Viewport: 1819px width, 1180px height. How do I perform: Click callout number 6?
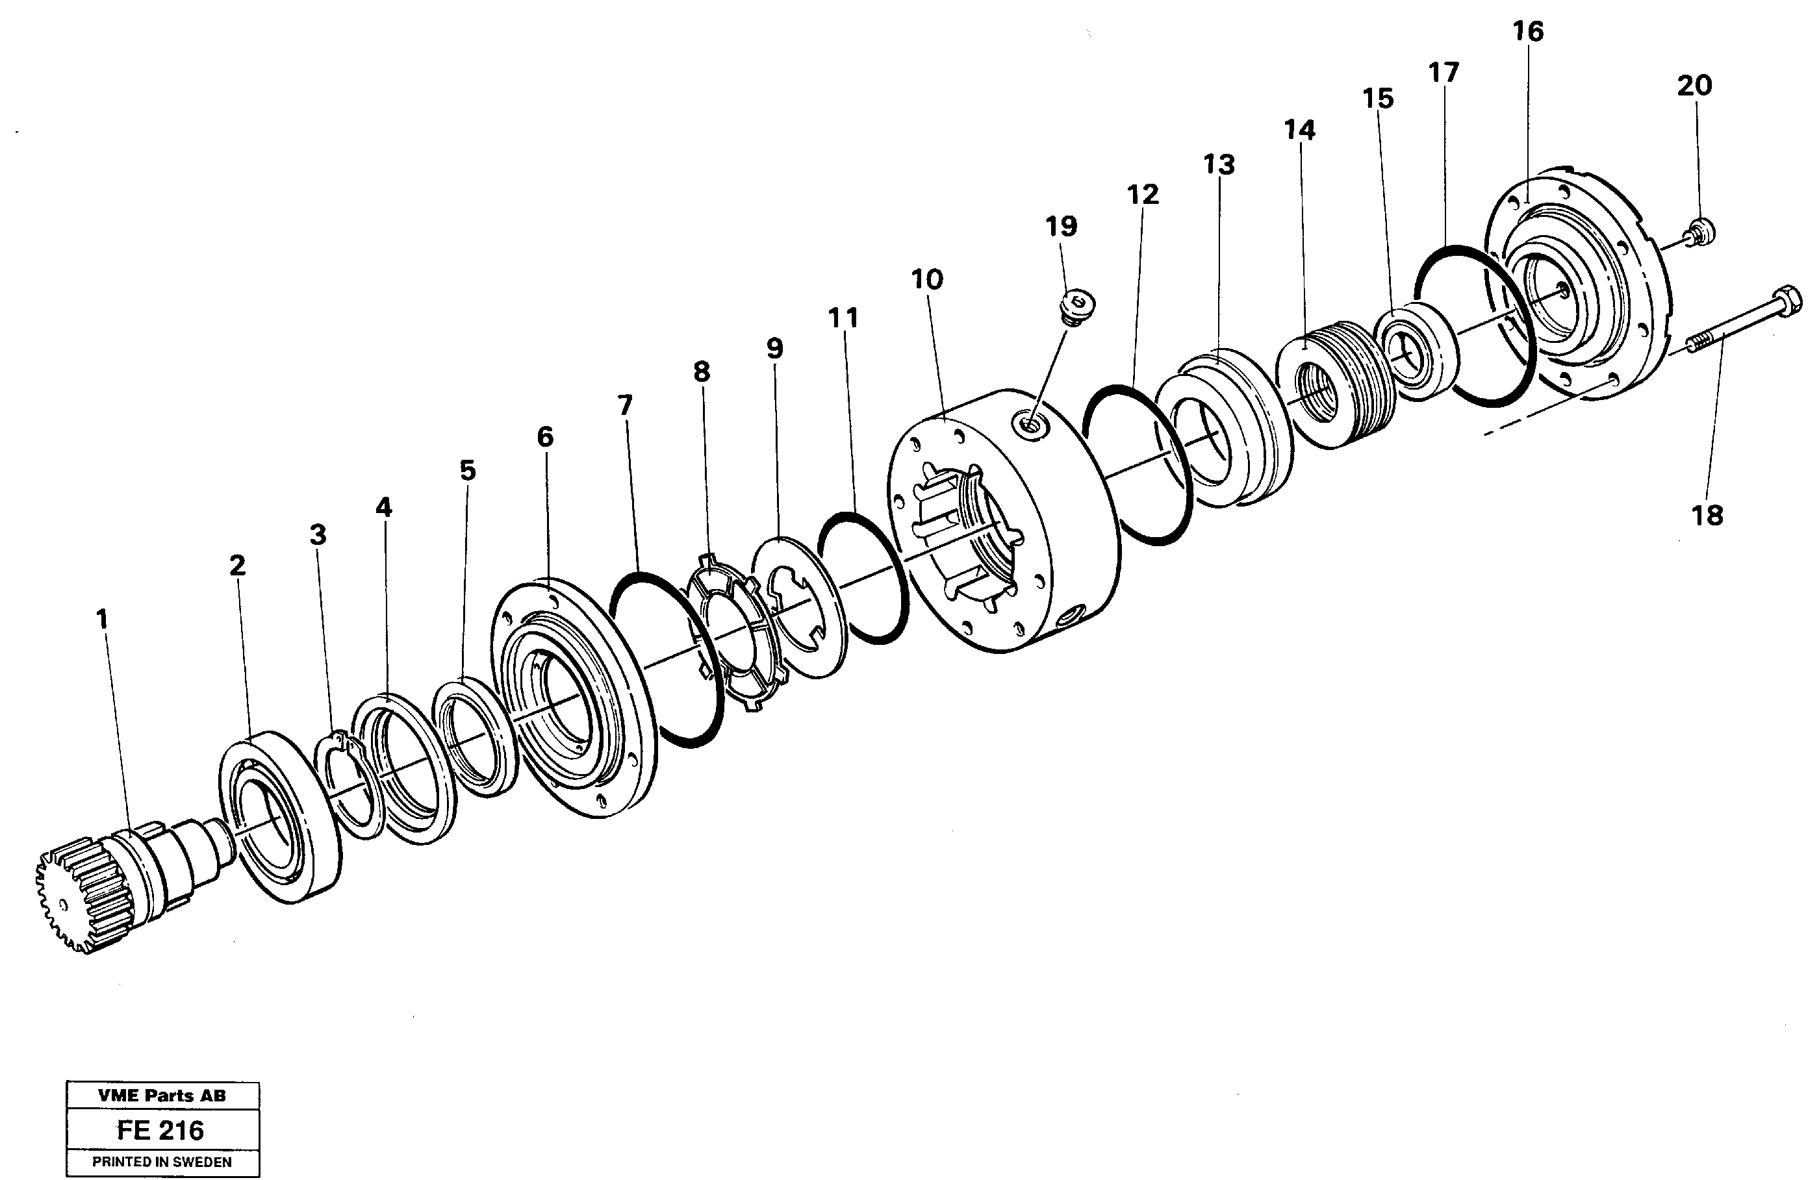[544, 437]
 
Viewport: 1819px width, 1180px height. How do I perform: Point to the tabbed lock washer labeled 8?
[733, 634]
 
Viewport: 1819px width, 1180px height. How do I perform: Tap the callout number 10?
[927, 280]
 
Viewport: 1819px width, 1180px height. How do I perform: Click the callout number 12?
[1143, 195]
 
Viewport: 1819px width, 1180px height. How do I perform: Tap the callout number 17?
[1443, 73]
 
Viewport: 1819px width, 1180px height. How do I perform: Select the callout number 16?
[1528, 31]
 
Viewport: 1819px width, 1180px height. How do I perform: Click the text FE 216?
[160, 1131]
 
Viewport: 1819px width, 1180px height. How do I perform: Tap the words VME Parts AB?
[161, 1095]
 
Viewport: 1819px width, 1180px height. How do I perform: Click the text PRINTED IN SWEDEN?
[161, 1162]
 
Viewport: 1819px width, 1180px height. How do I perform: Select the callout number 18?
[1707, 516]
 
